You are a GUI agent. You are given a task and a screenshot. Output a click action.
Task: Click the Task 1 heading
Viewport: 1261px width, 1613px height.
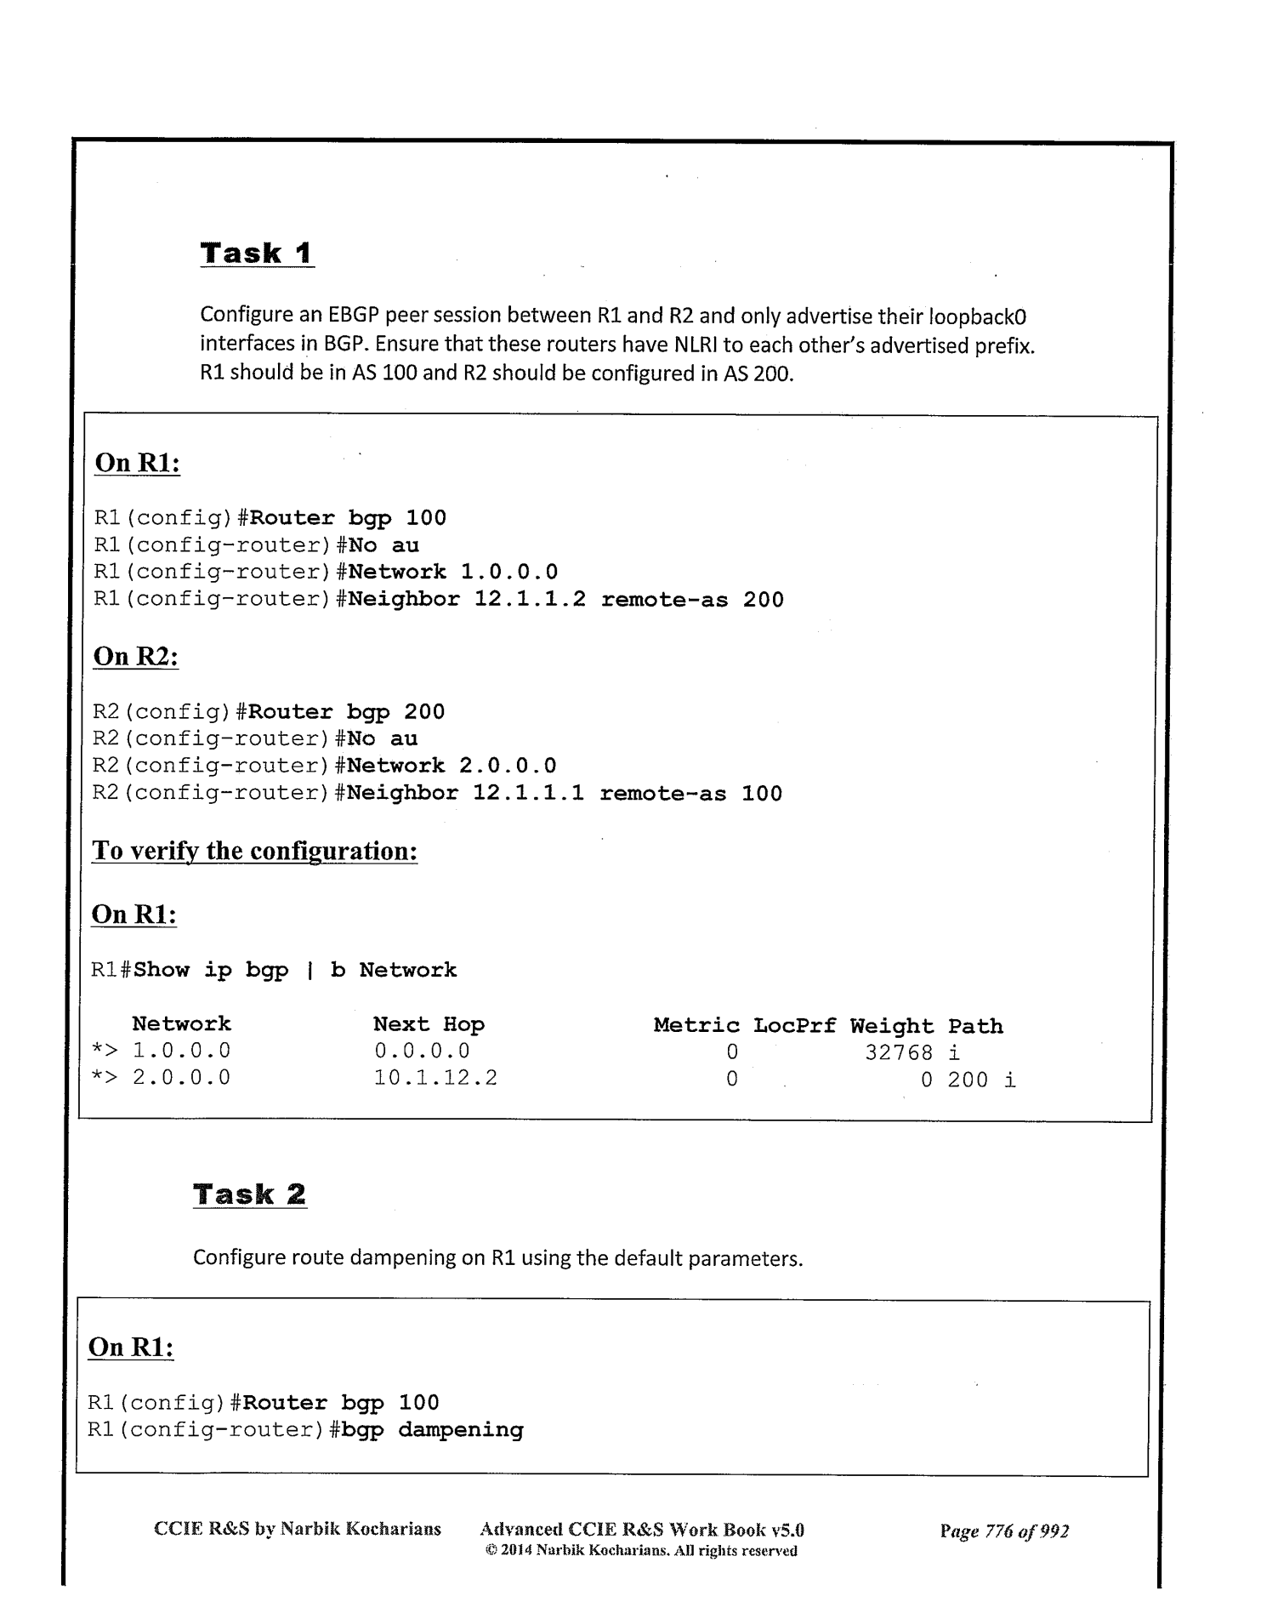pos(257,254)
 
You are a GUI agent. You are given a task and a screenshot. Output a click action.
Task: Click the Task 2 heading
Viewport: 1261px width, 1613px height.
pos(249,1194)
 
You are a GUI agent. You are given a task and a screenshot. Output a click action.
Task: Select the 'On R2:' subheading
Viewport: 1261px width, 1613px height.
pos(135,657)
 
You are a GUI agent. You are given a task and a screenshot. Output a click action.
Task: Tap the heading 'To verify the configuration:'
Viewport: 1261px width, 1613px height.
pos(254,851)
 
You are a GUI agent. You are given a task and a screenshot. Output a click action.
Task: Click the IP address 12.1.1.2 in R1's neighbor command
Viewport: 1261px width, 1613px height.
pos(530,600)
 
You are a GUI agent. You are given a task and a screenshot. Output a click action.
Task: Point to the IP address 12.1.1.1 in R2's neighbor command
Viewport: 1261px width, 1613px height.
pos(528,794)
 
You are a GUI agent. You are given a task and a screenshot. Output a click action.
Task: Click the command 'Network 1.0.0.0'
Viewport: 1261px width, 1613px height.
pos(453,572)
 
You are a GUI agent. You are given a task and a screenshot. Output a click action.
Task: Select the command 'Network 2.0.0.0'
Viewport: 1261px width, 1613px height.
pos(452,766)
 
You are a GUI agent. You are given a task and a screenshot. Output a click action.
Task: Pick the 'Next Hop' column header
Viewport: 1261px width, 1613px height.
pos(429,1024)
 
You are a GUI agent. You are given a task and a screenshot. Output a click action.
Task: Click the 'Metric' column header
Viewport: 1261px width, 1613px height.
pos(696,1025)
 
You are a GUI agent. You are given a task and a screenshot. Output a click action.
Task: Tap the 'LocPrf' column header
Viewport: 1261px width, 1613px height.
pos(794,1025)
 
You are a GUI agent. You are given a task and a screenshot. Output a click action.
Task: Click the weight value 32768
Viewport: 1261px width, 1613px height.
pos(899,1052)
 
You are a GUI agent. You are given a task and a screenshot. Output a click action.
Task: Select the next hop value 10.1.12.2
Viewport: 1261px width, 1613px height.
pos(435,1079)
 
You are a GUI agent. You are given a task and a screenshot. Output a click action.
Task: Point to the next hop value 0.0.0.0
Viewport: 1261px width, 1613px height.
pos(422,1052)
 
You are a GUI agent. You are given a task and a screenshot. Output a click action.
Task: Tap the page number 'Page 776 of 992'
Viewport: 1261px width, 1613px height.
pos(1004,1532)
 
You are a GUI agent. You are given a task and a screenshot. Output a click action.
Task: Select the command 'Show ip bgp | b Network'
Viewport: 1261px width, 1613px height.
pos(295,970)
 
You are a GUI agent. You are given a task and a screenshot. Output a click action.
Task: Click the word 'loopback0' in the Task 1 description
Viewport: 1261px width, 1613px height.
pos(978,317)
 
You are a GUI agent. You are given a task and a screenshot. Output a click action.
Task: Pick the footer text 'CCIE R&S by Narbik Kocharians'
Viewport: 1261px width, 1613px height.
pos(298,1530)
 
